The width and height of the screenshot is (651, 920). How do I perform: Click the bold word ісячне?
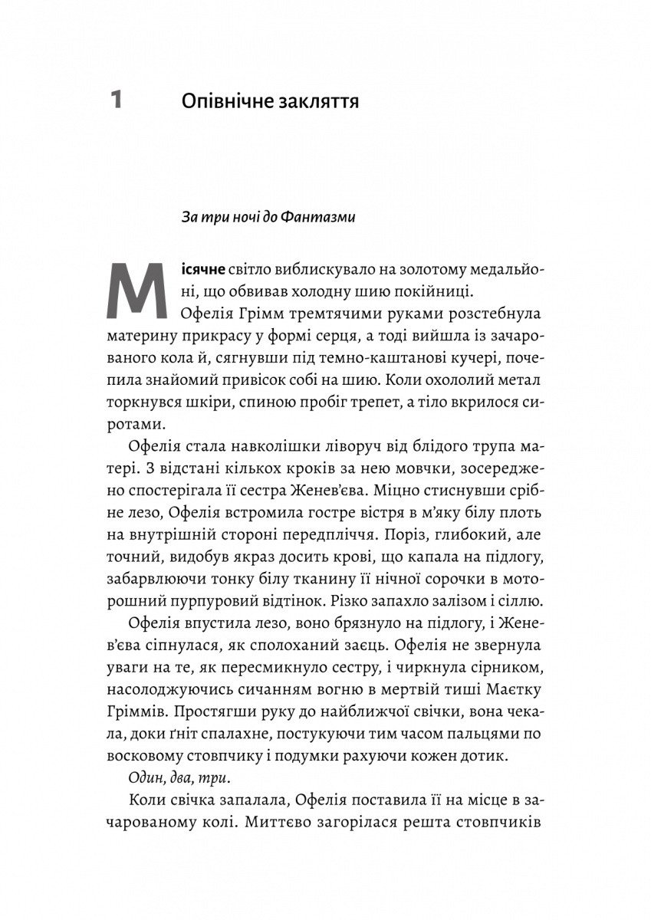click(x=199, y=271)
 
